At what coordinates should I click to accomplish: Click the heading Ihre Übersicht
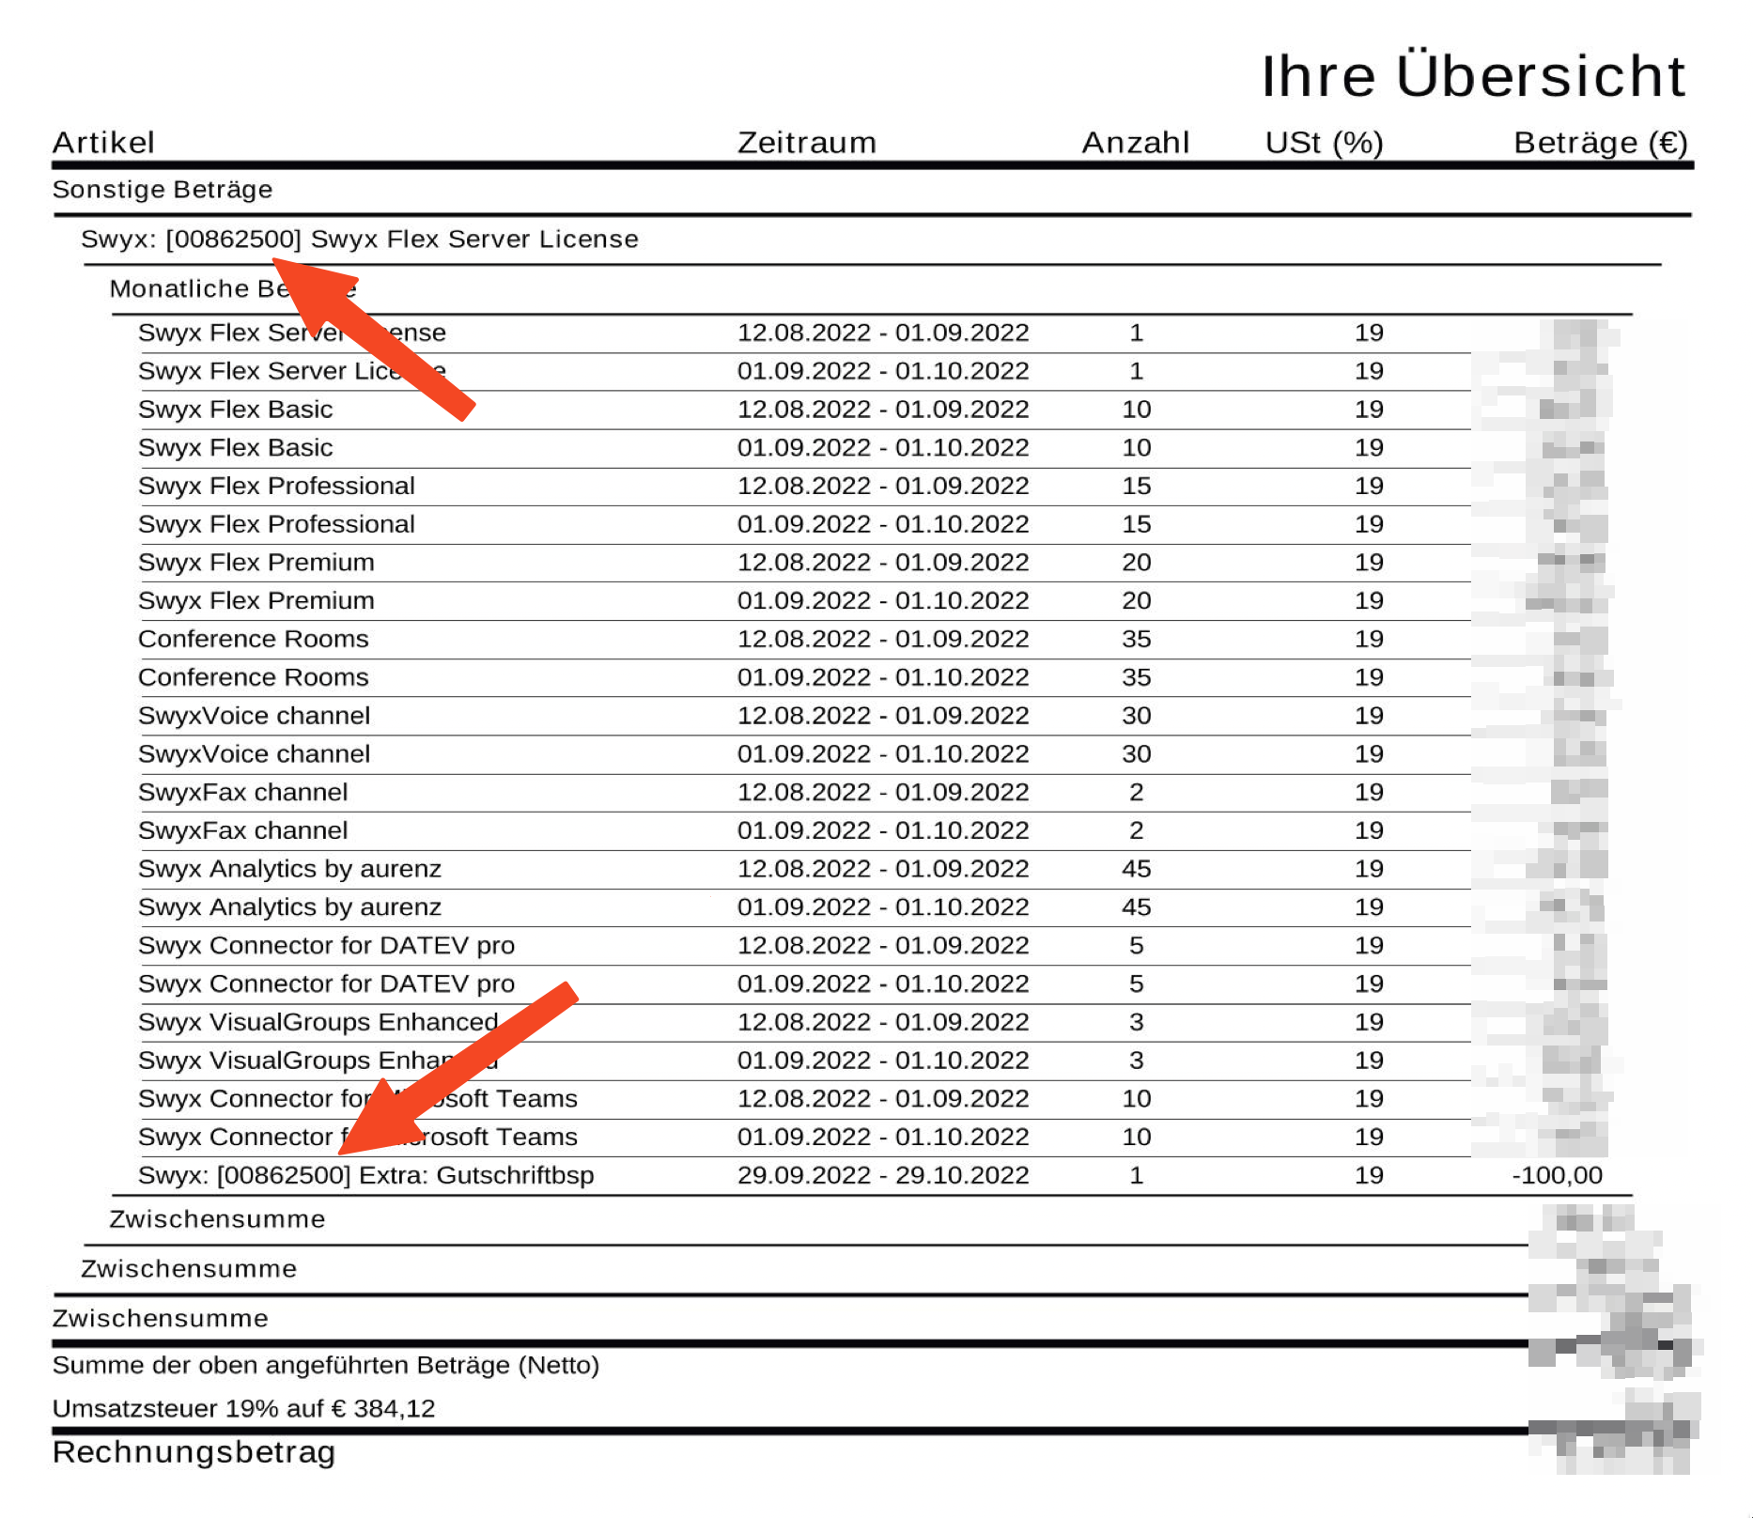(x=1472, y=76)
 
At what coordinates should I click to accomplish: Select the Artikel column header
(x=103, y=143)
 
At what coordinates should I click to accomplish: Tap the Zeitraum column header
(x=806, y=143)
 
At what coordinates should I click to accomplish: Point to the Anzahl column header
(x=1135, y=143)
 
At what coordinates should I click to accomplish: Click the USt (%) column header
(x=1324, y=143)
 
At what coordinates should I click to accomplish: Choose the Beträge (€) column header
(x=1600, y=143)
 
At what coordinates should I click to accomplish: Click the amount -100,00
(x=1557, y=1175)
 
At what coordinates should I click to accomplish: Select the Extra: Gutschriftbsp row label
(x=365, y=1175)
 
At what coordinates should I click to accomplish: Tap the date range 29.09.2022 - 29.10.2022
(x=882, y=1175)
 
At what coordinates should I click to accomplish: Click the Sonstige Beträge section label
(x=163, y=190)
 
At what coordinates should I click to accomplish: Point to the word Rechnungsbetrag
(x=194, y=1452)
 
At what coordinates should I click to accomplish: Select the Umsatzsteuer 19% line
(x=243, y=1408)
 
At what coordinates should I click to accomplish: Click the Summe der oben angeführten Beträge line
(x=325, y=1365)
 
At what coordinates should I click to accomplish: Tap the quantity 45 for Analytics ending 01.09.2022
(x=1136, y=869)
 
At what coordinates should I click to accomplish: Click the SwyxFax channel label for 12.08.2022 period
(x=242, y=793)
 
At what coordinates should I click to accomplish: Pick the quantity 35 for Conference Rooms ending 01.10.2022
(x=1136, y=677)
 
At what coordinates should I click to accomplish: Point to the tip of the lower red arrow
(x=340, y=1152)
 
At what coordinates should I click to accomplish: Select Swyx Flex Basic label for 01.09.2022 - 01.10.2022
(x=235, y=448)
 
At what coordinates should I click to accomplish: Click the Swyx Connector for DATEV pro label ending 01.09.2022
(x=326, y=946)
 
